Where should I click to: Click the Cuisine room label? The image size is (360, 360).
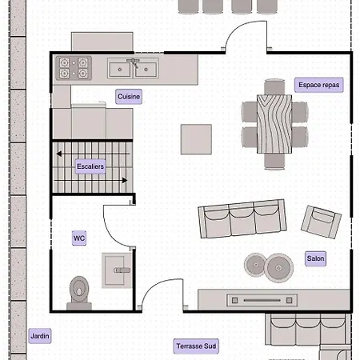tap(129, 97)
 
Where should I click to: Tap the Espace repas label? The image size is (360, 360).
tap(319, 85)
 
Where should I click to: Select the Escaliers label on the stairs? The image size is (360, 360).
tap(90, 166)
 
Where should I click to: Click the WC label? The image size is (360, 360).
tap(79, 238)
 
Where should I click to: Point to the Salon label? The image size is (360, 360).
tap(315, 258)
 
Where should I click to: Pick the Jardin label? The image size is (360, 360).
tap(40, 336)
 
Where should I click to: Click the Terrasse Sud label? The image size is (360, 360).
tap(196, 346)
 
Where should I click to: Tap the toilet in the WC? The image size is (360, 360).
tap(79, 293)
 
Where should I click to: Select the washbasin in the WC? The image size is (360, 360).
tap(117, 270)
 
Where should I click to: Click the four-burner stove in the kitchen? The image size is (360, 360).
tap(74, 68)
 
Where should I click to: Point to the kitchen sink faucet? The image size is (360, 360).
tap(134, 63)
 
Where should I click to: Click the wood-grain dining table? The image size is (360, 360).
tap(274, 124)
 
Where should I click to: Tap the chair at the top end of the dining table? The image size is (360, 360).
tap(274, 86)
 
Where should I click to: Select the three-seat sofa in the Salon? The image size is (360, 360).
tap(242, 218)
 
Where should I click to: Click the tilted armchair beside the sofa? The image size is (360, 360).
tap(321, 222)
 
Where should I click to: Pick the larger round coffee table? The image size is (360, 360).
tap(279, 268)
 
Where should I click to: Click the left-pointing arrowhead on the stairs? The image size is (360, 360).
tap(59, 154)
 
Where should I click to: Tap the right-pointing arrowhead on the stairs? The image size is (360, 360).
tap(125, 181)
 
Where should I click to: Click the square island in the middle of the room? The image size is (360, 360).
tap(196, 139)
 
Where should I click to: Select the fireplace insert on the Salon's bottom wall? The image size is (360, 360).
tap(262, 301)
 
